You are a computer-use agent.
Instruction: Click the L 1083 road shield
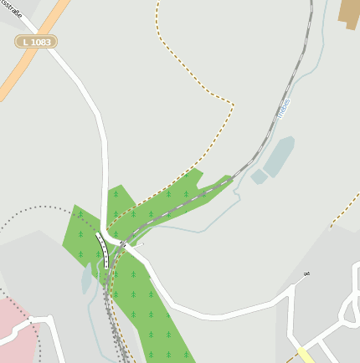tap(36, 41)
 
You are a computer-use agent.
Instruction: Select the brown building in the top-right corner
tap(349, 12)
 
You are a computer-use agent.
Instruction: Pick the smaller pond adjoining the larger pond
tap(259, 176)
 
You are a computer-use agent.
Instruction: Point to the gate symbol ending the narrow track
tap(306, 274)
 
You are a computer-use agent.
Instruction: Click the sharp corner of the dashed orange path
tap(233, 105)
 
